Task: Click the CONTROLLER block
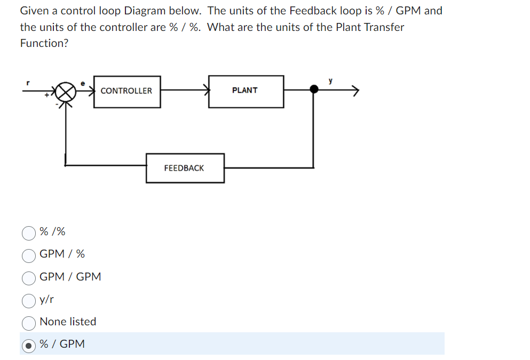126,91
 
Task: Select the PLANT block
246,91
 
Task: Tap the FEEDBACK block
185,168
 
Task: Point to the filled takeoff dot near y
314,90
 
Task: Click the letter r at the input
28,83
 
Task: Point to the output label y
331,81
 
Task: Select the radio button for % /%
28,233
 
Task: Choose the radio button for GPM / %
28,255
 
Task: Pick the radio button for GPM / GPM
28,277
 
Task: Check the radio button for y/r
28,300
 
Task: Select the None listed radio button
28,323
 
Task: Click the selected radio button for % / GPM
28,345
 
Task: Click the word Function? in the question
44,44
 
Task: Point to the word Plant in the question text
349,27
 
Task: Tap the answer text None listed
68,322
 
